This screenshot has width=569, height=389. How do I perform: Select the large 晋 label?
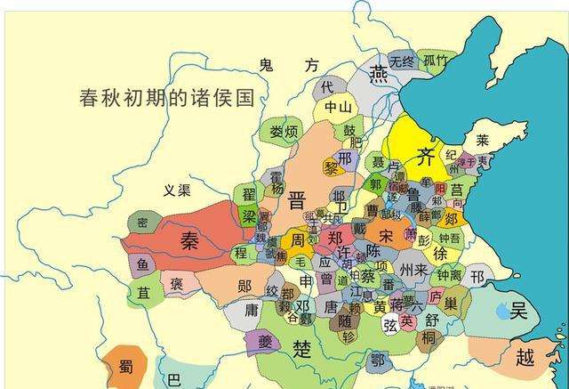pos(297,199)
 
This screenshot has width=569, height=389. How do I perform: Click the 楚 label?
pos(302,349)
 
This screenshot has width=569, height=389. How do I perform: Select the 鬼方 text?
pos(288,65)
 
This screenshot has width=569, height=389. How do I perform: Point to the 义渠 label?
pos(178,190)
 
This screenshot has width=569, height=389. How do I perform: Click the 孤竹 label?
pos(436,61)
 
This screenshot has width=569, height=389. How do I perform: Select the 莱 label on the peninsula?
pos(482,141)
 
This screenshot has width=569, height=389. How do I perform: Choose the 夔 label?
pos(241,342)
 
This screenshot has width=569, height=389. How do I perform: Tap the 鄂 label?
pos(378,361)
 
